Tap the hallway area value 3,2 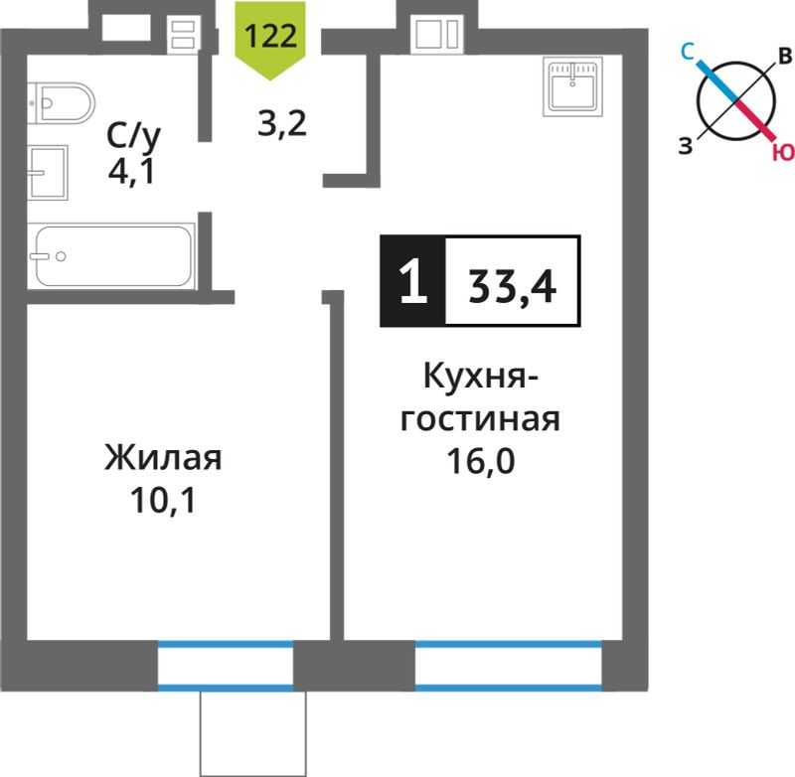282,123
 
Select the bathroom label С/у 133,136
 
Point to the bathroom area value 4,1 131,173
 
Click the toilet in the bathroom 61,103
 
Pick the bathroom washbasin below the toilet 47,172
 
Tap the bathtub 111,256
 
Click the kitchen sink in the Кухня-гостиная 573,86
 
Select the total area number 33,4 512,286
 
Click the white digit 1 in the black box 413,281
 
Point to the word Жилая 163,459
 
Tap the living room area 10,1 163,500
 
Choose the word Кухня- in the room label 481,377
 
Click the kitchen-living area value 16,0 481,461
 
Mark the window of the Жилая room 226,666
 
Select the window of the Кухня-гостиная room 508,666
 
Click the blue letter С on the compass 688,52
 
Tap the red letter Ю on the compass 783,152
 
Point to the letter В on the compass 785,57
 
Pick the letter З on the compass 686,146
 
